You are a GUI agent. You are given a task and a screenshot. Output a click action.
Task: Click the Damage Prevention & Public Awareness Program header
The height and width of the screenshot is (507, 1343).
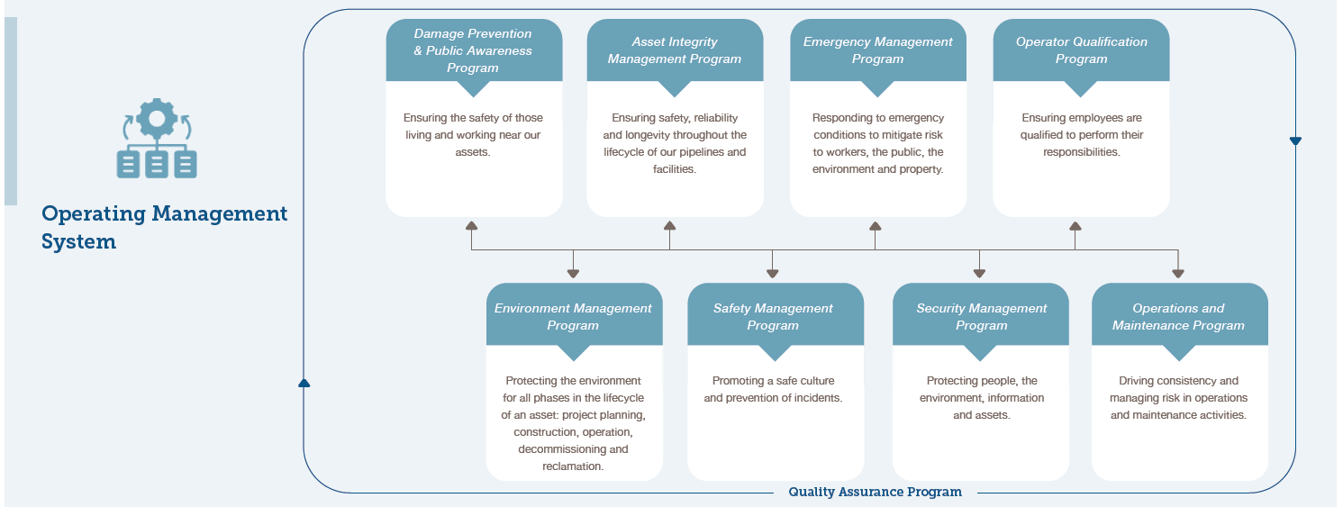click(473, 51)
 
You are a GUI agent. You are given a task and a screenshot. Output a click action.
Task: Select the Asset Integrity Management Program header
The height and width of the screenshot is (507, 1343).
click(675, 51)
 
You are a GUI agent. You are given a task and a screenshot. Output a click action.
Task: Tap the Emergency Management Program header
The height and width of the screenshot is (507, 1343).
click(877, 51)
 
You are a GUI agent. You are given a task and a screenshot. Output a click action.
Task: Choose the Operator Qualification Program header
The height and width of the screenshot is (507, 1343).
click(1081, 51)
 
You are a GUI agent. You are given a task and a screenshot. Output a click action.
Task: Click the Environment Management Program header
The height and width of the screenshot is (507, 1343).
click(574, 316)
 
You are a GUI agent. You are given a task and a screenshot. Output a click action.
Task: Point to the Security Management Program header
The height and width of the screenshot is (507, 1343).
click(981, 316)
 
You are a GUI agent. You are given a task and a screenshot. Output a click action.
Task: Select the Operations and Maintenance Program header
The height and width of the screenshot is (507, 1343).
click(1179, 316)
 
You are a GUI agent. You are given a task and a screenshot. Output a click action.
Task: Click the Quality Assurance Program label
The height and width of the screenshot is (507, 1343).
click(875, 492)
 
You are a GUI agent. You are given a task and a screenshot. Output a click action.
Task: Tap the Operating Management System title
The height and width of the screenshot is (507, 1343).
click(164, 228)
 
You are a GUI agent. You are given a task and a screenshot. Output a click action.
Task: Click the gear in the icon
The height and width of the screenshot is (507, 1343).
click(157, 119)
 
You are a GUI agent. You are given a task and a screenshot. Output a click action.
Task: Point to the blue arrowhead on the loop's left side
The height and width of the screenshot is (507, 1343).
click(304, 383)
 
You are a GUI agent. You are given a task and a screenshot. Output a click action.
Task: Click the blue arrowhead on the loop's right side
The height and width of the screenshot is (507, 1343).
click(1295, 140)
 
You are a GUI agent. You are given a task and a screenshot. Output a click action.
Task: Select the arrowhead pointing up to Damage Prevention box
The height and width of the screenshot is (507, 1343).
click(472, 226)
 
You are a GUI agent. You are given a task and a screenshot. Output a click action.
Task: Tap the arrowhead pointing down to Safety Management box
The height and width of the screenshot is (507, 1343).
click(772, 273)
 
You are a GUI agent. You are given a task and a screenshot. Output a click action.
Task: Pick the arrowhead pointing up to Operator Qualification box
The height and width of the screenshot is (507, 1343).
click(1075, 226)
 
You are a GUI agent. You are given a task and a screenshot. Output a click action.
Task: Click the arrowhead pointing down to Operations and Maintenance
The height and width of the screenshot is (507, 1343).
click(1178, 273)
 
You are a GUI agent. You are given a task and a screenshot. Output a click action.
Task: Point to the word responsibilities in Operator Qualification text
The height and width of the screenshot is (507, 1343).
click(1080, 152)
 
